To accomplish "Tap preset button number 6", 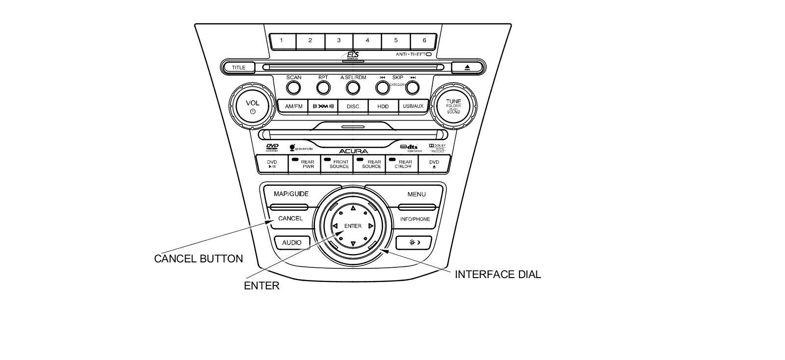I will [x=424, y=41].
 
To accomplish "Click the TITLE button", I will [x=239, y=68].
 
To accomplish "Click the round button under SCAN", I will [x=293, y=88].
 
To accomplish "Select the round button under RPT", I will [x=323, y=88].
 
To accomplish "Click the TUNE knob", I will [x=453, y=106].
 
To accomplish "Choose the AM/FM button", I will [x=293, y=106].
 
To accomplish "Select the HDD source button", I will [x=383, y=106].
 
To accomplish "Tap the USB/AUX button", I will [x=413, y=106].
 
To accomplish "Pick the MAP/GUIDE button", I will [x=291, y=194].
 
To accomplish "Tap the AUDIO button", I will [x=291, y=243].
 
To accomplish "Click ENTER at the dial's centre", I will [x=353, y=226].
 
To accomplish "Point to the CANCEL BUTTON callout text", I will [x=198, y=259].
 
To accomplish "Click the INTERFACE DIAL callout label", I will [x=497, y=275].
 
